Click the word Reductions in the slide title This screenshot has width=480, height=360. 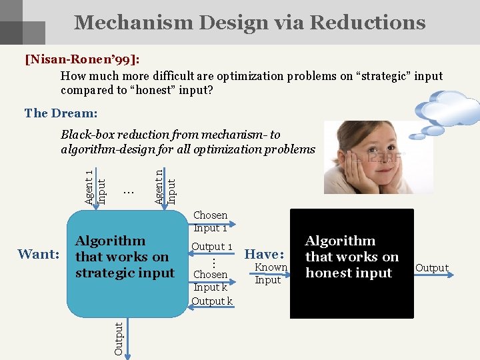click(367, 23)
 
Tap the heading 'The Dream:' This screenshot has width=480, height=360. click(61, 113)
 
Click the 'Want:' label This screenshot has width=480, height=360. click(39, 254)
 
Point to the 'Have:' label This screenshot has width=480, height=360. click(265, 254)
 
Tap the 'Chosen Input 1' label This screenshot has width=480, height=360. click(210, 221)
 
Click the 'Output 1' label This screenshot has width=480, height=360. click(211, 247)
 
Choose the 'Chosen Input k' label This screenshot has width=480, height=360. click(210, 281)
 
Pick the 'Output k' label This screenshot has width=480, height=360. click(211, 301)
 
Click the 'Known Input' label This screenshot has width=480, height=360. click(271, 273)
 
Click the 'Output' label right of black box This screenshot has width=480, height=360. click(432, 268)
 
